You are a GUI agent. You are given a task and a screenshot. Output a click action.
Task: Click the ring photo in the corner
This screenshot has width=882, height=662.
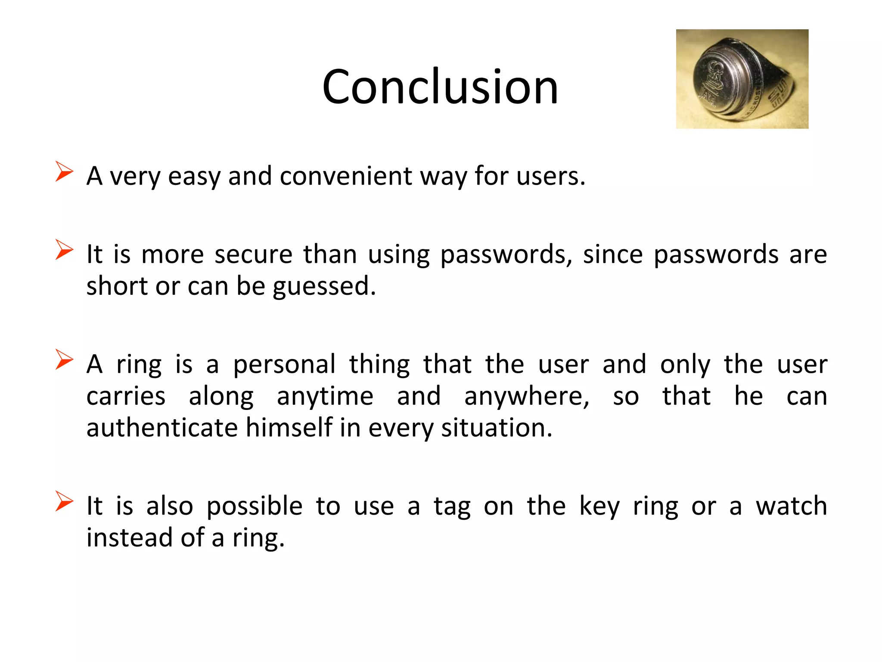(742, 79)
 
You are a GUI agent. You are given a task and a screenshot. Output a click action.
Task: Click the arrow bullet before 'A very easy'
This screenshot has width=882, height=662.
(64, 172)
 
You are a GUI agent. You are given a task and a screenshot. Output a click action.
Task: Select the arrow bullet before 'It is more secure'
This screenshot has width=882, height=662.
(64, 250)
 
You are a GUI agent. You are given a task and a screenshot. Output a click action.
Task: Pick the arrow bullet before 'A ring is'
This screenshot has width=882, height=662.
(64, 360)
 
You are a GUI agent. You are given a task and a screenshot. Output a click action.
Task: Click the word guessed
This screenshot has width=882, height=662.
(324, 286)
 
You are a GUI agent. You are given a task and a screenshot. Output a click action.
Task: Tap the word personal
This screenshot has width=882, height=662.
(284, 365)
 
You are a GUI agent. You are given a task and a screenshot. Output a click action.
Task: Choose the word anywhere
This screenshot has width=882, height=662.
(527, 397)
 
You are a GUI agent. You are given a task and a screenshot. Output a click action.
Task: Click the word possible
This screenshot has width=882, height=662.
(255, 506)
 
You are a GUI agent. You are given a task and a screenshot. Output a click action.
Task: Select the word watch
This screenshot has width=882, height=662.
(792, 506)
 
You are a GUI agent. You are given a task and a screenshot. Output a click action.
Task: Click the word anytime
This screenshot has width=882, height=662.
(325, 397)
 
